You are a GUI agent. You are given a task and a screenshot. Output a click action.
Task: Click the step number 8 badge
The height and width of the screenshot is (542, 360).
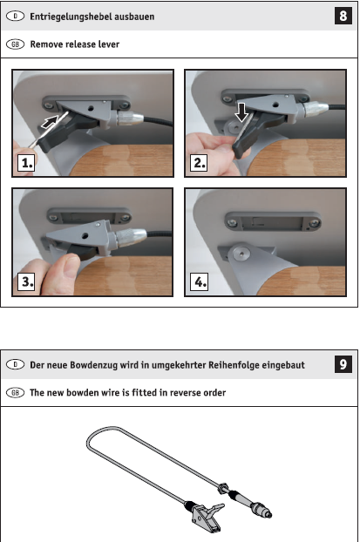coord(343,16)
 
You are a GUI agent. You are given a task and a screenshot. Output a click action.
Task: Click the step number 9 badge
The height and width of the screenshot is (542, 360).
coord(343,364)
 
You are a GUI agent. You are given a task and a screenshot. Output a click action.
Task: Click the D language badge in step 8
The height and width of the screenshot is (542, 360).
coord(15,17)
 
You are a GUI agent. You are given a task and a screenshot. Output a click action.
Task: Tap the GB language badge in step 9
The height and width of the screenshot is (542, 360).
coord(15,393)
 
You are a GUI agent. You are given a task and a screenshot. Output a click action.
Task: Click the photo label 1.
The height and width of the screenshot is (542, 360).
coord(26,163)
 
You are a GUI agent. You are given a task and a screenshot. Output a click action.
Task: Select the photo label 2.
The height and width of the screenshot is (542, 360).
coord(199,163)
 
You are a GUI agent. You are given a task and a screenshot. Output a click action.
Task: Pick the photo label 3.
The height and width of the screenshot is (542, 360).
coord(26,281)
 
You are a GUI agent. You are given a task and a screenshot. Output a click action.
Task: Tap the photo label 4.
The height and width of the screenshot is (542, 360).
coord(200,281)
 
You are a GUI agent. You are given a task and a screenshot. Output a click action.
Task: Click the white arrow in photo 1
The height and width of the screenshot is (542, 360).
coord(50,122)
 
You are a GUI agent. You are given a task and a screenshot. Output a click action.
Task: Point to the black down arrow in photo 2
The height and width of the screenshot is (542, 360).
coord(241,112)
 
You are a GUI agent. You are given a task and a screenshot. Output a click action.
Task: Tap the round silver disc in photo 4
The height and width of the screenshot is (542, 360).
coord(241,254)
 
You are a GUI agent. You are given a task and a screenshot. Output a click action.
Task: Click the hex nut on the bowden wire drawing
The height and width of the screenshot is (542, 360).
coord(223,489)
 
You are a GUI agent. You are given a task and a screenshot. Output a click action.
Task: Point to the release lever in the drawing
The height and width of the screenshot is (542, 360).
coord(207,516)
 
